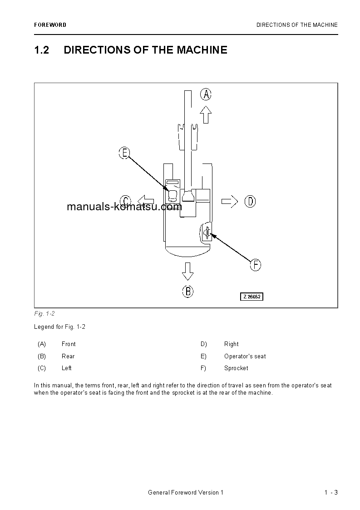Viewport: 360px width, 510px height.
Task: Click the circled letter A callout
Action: pyautogui.click(x=206, y=94)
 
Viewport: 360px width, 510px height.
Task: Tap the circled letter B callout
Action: pyautogui.click(x=188, y=291)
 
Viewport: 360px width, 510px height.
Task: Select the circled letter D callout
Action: pyautogui.click(x=250, y=201)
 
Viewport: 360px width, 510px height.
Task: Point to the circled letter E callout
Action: pyautogui.click(x=124, y=153)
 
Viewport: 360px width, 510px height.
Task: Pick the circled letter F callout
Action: pyautogui.click(x=256, y=265)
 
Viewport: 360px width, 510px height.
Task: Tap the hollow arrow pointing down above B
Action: pyautogui.click(x=187, y=271)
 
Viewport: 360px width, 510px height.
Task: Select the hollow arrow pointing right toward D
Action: pyautogui.click(x=230, y=201)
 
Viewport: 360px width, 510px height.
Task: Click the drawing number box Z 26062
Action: pyautogui.click(x=252, y=297)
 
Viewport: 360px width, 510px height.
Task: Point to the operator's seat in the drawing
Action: pyautogui.click(x=173, y=195)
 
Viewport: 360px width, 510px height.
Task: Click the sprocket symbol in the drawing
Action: pyautogui.click(x=207, y=233)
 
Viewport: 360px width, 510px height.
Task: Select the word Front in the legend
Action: pyautogui.click(x=69, y=344)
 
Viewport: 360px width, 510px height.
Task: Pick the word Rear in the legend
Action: pyautogui.click(x=68, y=357)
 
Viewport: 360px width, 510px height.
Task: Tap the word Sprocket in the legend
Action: pyautogui.click(x=236, y=368)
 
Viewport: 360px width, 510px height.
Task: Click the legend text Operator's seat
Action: pyautogui.click(x=245, y=357)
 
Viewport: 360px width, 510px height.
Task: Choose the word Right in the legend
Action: pyautogui.click(x=231, y=344)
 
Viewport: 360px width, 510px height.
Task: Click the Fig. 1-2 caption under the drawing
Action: pyautogui.click(x=44, y=314)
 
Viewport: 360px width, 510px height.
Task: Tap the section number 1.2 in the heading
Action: pyautogui.click(x=41, y=50)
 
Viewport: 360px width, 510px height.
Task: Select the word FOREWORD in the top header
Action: pyautogui.click(x=50, y=25)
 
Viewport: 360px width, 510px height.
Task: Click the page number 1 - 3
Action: pyautogui.click(x=331, y=493)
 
